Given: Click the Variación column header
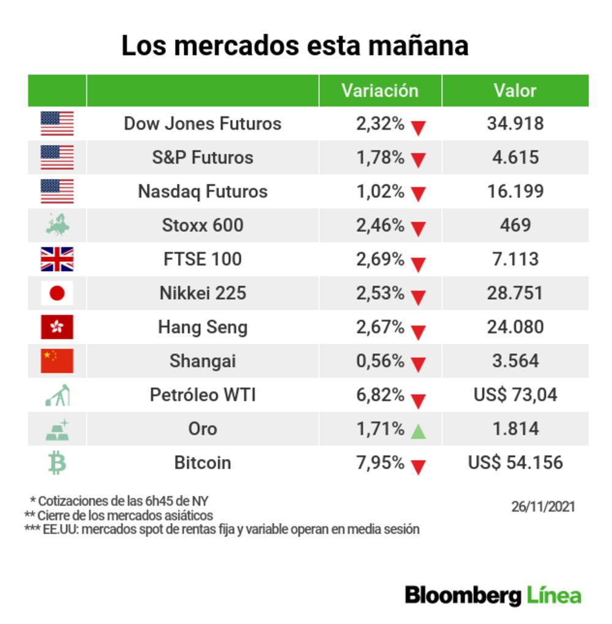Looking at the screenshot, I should (379, 91).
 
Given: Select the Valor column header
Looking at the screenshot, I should (515, 91).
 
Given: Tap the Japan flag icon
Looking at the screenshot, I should (57, 294).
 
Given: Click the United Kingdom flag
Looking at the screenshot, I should (57, 259).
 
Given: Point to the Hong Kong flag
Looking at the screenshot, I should (57, 327).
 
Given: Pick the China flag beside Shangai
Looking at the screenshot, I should (57, 361).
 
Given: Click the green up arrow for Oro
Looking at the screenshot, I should (418, 431).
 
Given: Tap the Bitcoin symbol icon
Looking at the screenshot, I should (57, 463).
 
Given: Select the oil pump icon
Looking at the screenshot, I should (57, 395).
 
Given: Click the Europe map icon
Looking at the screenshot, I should (57, 225).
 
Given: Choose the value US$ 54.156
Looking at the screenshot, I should (515, 462).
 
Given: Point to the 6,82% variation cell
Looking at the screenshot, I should (380, 395).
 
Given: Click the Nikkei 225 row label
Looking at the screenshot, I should (203, 293).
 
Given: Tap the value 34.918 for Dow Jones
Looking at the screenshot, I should (515, 124).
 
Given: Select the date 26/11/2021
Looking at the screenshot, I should (543, 507).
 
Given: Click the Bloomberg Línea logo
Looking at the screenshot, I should (493, 595).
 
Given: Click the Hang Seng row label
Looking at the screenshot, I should (203, 327).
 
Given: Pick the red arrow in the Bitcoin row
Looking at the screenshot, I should (418, 467).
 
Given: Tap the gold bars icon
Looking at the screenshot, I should (57, 429).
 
